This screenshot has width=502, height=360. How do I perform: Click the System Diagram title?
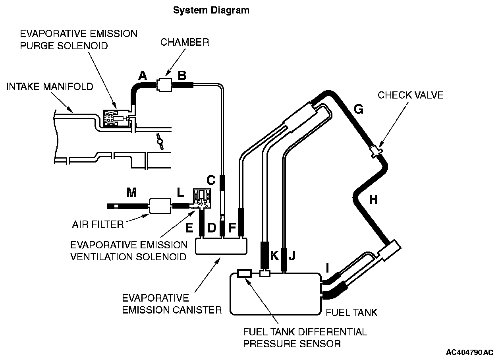(x=211, y=10)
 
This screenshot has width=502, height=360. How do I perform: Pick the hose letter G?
(x=358, y=110)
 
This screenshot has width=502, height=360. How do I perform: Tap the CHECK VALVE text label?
(x=411, y=95)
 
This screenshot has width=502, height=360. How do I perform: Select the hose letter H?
(x=373, y=199)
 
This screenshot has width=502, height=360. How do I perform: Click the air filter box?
(x=159, y=205)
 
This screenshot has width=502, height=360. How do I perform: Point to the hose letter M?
(x=131, y=193)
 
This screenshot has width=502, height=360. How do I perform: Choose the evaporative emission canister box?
(x=221, y=246)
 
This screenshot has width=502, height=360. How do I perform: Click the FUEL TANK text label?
(x=351, y=313)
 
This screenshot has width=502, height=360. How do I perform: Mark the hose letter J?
(x=292, y=255)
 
